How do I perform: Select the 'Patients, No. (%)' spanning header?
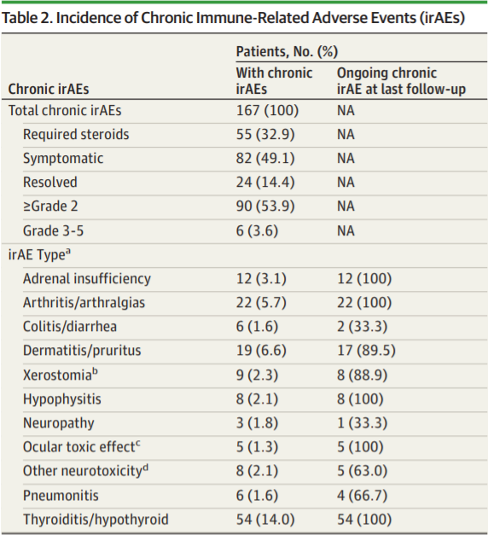pos(287,51)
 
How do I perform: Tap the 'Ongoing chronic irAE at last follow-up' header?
pos(401,81)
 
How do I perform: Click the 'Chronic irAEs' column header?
pos(49,89)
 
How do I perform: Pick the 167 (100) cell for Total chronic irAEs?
pos(267,111)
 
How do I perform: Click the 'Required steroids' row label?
pos(76,134)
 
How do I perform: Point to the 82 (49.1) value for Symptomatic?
pos(265,159)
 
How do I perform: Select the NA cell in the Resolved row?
pos(346,183)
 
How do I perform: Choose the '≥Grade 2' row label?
pos(50,206)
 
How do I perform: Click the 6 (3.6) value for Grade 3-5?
pos(257,230)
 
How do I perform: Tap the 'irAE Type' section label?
pos(39,254)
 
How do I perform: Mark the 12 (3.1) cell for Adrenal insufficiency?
pos(261,279)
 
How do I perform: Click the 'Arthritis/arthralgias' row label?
pos(84,303)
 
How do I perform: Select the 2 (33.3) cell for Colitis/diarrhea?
pos(362,327)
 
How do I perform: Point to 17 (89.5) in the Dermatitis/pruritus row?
pos(366,351)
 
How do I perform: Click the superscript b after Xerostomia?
pos(95,371)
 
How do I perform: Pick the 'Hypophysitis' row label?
pos(61,399)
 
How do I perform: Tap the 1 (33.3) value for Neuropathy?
pos(362,423)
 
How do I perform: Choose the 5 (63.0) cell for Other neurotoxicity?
pos(362,471)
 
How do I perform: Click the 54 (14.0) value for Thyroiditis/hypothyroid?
pos(265,520)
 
